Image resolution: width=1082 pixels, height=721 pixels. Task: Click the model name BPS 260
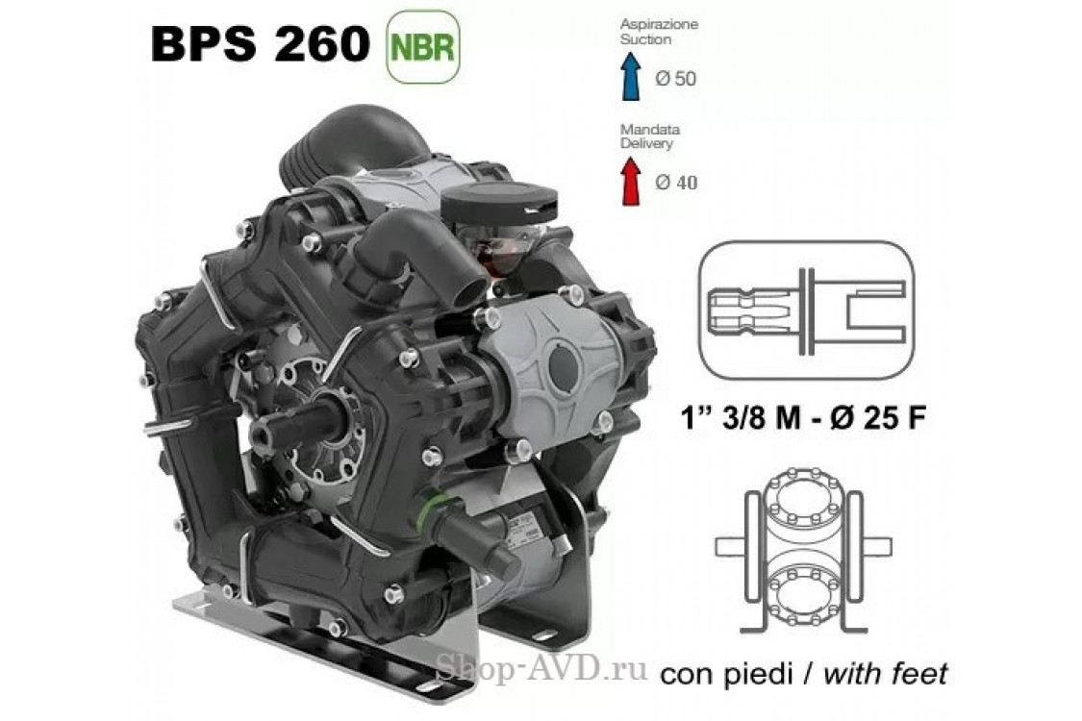coord(260,45)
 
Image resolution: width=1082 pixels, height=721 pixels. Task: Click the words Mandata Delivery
coord(645,136)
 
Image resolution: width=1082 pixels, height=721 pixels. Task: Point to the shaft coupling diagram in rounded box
coord(805,307)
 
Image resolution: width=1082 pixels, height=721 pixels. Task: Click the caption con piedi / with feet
coord(803,672)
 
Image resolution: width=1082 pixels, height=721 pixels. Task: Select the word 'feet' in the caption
coord(914,672)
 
